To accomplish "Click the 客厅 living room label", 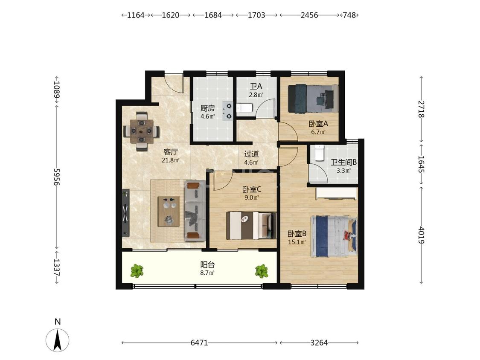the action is tap(171, 152).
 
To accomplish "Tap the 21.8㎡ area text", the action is tap(171, 160).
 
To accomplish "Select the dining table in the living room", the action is tap(141, 131).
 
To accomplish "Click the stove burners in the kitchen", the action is tap(228, 111).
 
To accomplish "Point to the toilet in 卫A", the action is tap(244, 108).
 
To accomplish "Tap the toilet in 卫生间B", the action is tap(320, 152).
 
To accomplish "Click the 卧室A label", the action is tap(318, 124).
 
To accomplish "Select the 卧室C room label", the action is tap(252, 189).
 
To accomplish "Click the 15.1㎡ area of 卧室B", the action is tap(297, 242).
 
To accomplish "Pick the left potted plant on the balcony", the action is tap(137, 271).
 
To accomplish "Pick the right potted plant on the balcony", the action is tap(262, 271).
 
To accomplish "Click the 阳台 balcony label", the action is tap(207, 264).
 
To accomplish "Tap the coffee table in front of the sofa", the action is tap(169, 212).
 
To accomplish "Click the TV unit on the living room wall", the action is tap(125, 213).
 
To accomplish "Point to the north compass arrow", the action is tap(57, 340).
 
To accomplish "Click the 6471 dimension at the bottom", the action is tap(199, 343).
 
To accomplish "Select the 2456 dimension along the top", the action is tap(309, 15).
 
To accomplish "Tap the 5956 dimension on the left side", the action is tap(57, 177).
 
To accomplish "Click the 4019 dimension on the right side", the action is tap(421, 235).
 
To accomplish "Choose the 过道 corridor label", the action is tap(252, 154).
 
